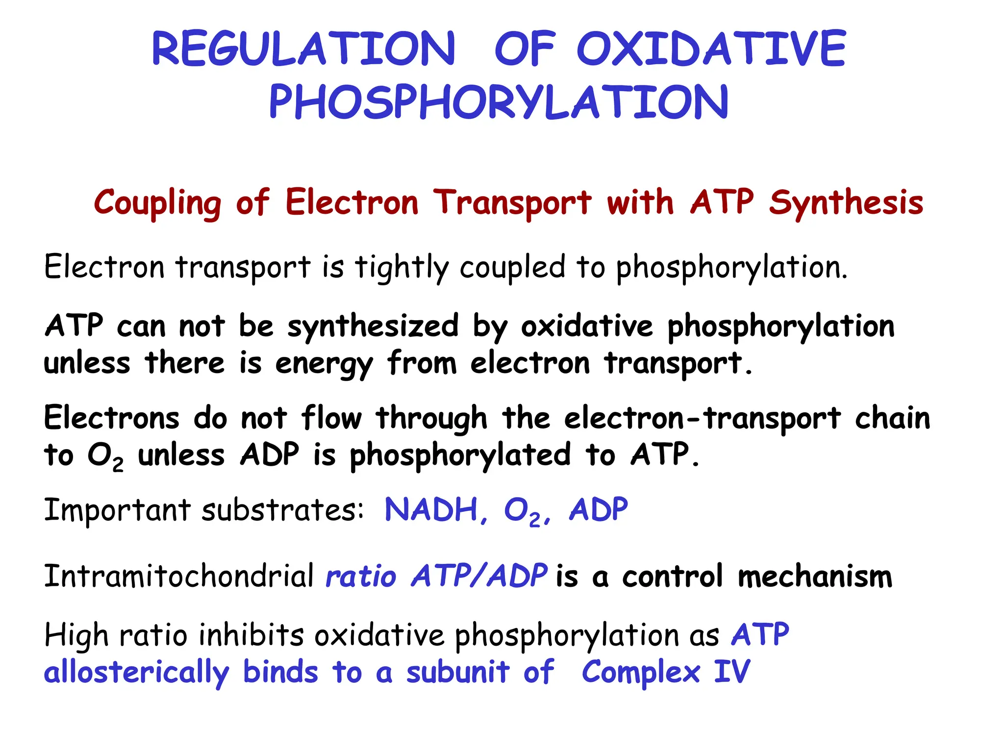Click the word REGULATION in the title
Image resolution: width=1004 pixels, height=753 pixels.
[304, 49]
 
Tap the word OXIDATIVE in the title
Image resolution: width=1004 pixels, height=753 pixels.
[711, 49]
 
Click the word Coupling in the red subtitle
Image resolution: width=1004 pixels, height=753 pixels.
[157, 202]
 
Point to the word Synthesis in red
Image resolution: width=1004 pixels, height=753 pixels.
[846, 202]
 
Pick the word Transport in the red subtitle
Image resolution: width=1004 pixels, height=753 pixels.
[512, 202]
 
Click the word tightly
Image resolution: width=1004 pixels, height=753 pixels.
[402, 268]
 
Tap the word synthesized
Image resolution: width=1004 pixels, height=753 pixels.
[373, 326]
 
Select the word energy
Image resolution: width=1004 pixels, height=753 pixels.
[324, 365]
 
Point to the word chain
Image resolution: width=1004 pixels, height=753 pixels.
[892, 419]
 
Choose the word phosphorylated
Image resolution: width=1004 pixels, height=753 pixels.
[460, 456]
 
